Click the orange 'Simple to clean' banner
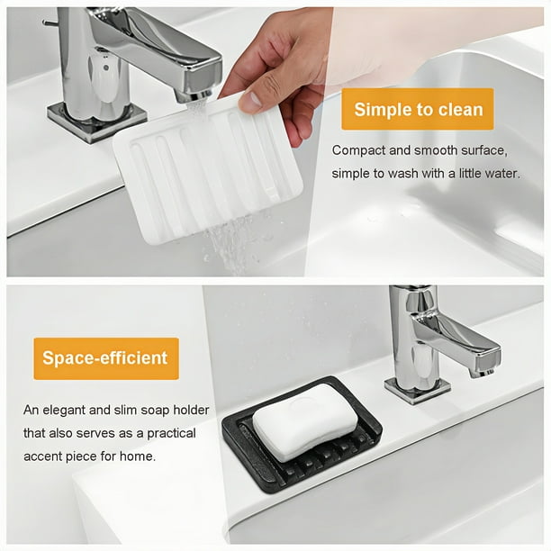(418, 109)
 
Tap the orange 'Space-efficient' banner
(106, 358)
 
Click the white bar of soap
(305, 421)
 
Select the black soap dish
(303, 435)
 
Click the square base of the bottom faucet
(418, 390)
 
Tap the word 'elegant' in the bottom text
(64, 411)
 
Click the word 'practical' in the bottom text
(171, 434)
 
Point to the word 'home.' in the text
(138, 456)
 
